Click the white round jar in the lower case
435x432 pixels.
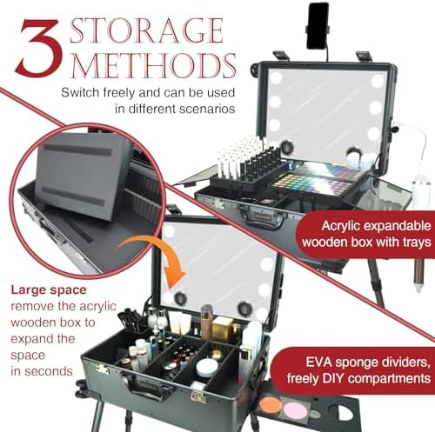(206, 368)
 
